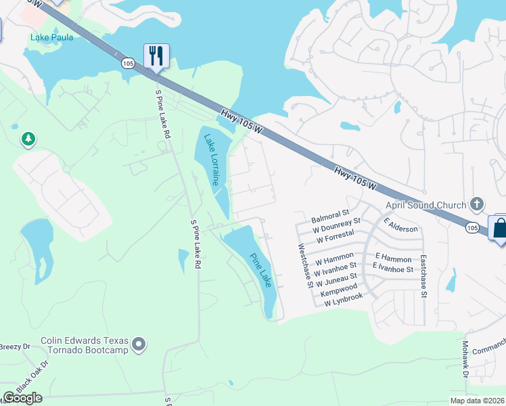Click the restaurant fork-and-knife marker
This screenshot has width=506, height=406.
coord(156,55)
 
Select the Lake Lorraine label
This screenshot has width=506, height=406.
coord(212,160)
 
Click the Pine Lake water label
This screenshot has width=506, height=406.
coord(260,270)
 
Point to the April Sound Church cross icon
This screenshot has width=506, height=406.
coord(477,204)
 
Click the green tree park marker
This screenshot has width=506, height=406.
coord(28,139)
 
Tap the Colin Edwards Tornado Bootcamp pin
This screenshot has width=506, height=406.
coord(139,345)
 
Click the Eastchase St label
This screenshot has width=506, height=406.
coord(423,276)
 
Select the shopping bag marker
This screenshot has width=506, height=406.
coord(500,228)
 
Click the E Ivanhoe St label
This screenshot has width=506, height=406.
coord(394,269)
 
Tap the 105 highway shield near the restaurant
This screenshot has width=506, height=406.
coord(128,62)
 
